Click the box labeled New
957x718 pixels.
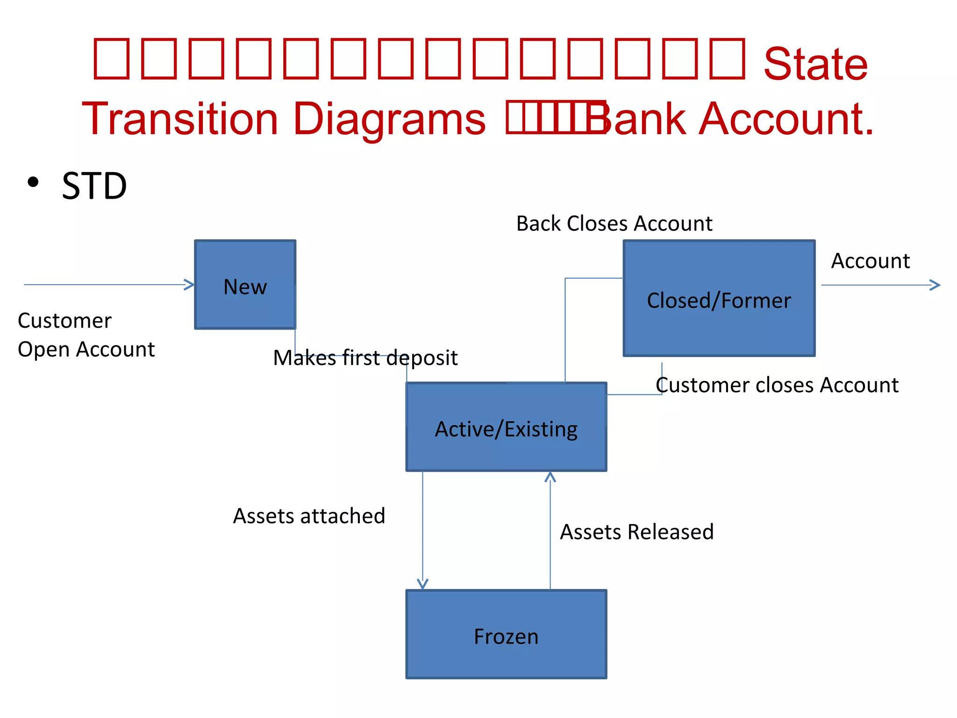click(x=245, y=285)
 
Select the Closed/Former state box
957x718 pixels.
click(x=719, y=299)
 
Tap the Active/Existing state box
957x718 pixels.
click(x=506, y=427)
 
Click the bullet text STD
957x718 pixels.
click(x=94, y=186)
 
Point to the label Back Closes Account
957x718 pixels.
click(x=614, y=223)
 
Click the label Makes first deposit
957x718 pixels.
click(x=365, y=358)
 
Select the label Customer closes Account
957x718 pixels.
click(x=777, y=385)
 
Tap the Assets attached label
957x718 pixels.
click(x=309, y=516)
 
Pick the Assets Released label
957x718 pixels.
click(x=636, y=532)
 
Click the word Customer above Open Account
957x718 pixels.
click(x=64, y=321)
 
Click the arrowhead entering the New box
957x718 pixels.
click(x=190, y=284)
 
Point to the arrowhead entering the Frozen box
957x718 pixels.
click(x=422, y=584)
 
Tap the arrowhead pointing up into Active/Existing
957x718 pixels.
click(x=550, y=476)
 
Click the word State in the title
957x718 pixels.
click(x=815, y=64)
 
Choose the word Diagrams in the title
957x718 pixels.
click(x=389, y=119)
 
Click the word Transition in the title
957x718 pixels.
click(x=180, y=119)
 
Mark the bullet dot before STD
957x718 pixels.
click(x=33, y=182)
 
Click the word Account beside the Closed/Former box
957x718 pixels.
click(x=870, y=261)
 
